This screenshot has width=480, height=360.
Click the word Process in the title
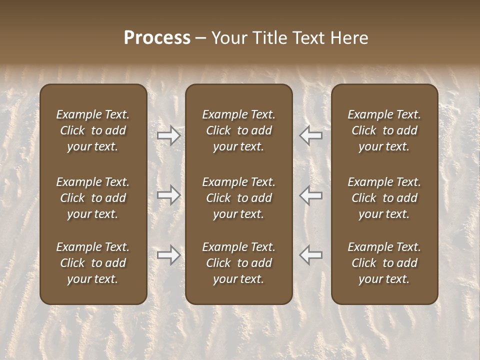[157, 38]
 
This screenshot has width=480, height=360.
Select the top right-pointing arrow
[168, 135]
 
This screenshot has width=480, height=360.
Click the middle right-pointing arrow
[168, 195]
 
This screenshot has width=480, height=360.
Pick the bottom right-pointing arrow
[168, 255]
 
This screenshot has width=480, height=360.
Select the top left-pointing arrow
[311, 135]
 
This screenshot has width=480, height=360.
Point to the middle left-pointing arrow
[311, 195]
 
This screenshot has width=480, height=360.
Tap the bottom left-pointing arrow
[311, 255]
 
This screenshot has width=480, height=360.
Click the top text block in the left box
[93, 130]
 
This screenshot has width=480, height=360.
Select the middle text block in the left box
[93, 198]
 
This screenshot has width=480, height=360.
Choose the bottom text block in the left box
[93, 263]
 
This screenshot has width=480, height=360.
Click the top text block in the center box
[239, 130]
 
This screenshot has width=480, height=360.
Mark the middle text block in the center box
[239, 198]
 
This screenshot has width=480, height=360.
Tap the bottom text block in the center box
[239, 263]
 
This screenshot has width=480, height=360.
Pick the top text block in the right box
[384, 130]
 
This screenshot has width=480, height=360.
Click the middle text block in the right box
[384, 198]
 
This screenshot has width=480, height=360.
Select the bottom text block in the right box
[384, 263]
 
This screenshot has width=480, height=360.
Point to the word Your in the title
[229, 38]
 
